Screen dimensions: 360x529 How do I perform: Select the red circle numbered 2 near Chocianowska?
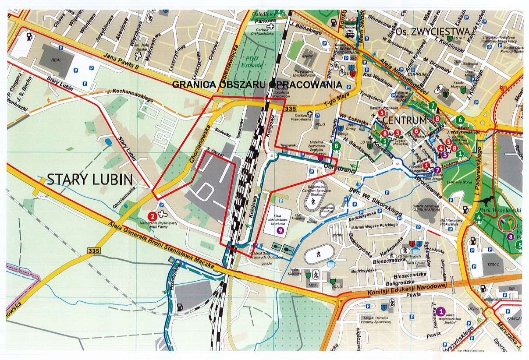pyautogui.click(x=152, y=215)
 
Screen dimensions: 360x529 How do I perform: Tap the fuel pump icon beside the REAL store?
pyautogui.click(x=30, y=36)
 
